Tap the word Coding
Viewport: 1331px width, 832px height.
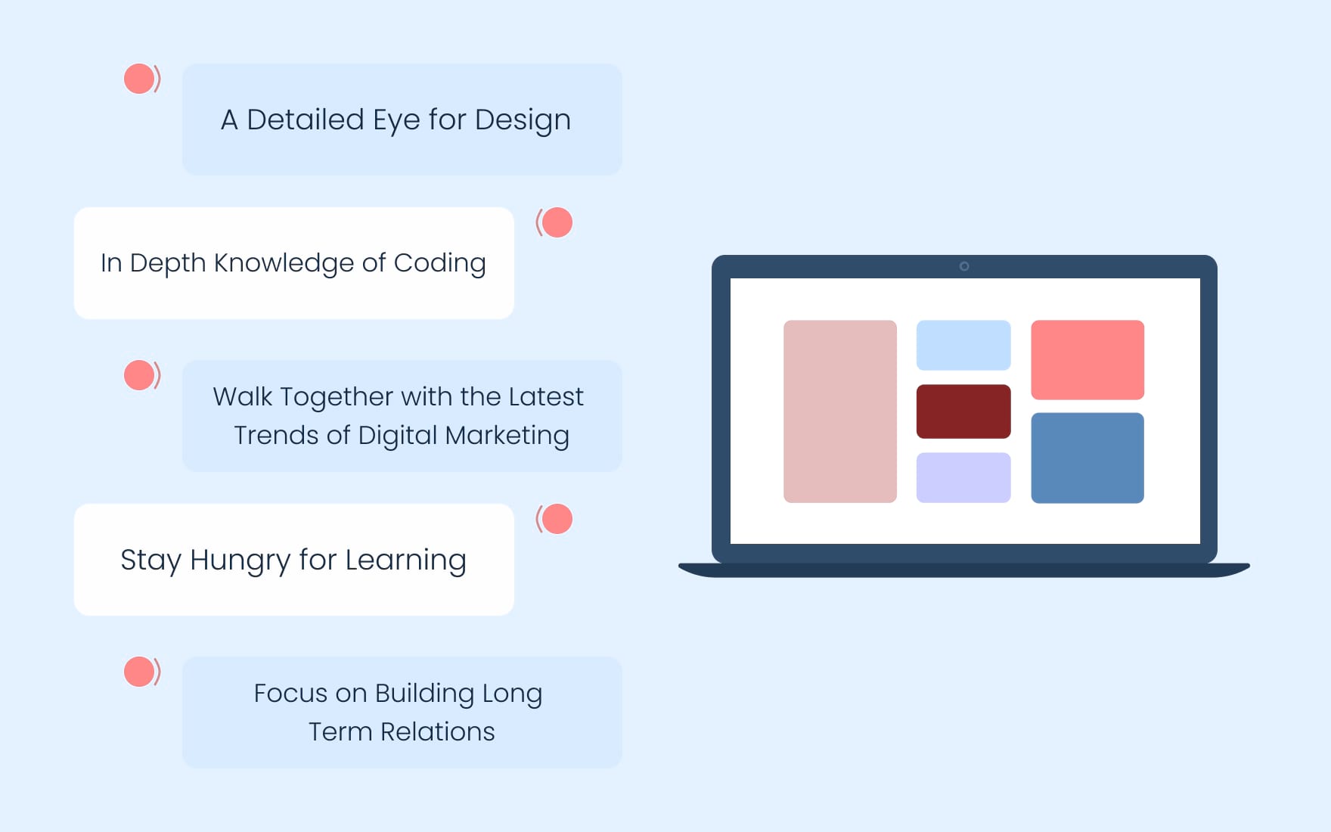(439, 264)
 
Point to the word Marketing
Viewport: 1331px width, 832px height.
(507, 436)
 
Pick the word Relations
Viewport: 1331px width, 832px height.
(437, 732)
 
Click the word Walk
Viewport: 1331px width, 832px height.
(242, 396)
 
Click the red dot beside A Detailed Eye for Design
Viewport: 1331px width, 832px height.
(139, 79)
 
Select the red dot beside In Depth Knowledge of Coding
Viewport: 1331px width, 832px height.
(557, 222)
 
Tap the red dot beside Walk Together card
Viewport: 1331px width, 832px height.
(139, 375)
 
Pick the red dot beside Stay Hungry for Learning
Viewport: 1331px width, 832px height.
(557, 519)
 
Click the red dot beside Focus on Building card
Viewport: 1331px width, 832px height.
(139, 672)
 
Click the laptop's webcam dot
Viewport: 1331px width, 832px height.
(964, 266)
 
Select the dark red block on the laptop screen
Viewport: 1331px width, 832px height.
(963, 411)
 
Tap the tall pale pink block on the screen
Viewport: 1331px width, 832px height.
(840, 411)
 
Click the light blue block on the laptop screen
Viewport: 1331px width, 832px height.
(963, 345)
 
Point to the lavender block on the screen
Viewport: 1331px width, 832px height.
(963, 478)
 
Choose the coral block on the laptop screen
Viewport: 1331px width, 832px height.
(1087, 360)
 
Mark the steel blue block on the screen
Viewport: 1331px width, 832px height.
(1087, 458)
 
